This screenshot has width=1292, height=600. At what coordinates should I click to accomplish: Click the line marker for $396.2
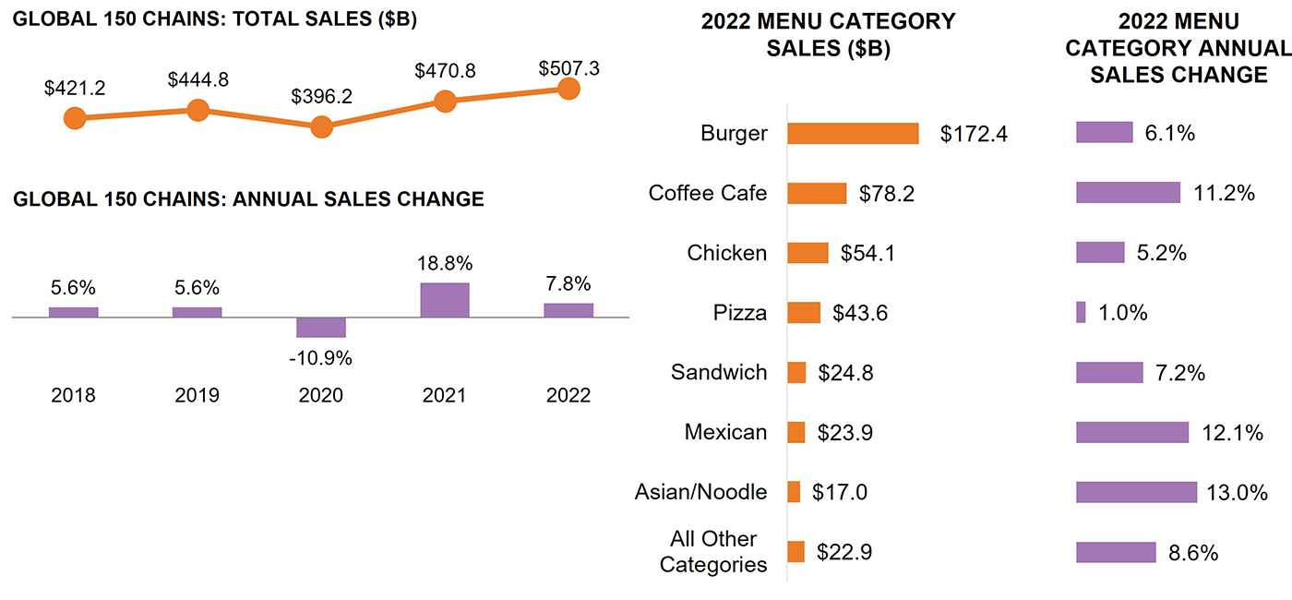click(321, 127)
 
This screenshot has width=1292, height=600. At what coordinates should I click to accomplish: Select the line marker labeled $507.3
click(568, 89)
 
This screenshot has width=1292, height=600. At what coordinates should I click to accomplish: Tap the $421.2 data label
click(75, 89)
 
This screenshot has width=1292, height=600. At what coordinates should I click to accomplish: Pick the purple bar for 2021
click(445, 300)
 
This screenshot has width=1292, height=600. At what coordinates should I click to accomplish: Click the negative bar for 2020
click(321, 328)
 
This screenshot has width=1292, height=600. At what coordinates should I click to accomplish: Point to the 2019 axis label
click(197, 396)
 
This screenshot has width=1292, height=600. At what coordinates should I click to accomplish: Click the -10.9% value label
click(321, 358)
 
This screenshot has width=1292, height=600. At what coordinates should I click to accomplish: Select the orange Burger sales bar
click(853, 133)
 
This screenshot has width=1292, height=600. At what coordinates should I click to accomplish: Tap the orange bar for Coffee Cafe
click(817, 193)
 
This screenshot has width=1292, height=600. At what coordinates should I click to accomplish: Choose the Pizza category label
click(739, 313)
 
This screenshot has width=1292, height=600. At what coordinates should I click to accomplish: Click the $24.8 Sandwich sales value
click(845, 373)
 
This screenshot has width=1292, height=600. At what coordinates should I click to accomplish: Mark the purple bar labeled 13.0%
click(1136, 492)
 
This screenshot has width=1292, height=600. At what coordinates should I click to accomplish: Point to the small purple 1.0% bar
click(1081, 313)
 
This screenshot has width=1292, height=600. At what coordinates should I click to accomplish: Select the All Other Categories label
click(713, 552)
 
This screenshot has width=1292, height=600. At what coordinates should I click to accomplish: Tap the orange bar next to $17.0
click(794, 492)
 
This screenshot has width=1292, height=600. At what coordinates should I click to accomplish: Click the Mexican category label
click(725, 432)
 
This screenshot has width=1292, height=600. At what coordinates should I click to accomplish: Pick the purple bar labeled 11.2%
click(1128, 193)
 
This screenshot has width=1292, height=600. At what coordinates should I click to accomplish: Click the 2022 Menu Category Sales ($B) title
click(828, 35)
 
